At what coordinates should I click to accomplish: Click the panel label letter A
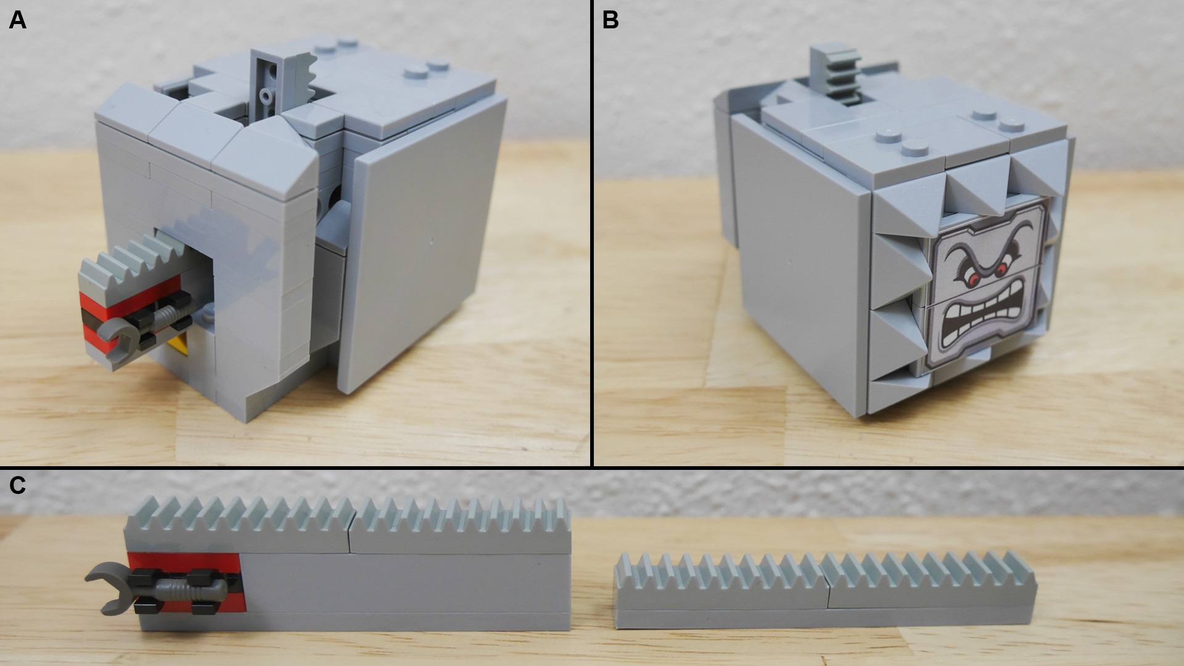(17, 20)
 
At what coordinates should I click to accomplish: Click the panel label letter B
(610, 20)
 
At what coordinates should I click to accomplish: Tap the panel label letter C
(17, 485)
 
